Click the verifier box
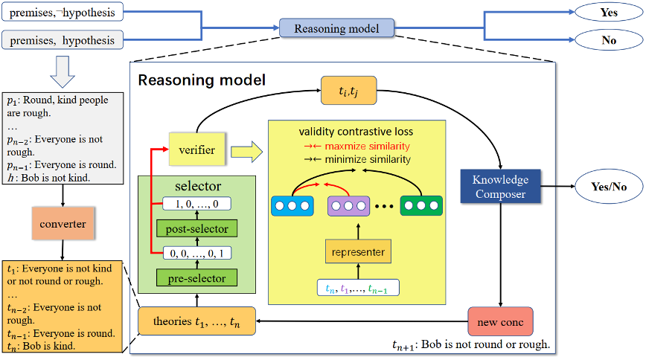click(197, 150)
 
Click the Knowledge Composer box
click(499, 187)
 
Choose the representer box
click(358, 252)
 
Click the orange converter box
click(63, 224)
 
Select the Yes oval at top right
click(608, 13)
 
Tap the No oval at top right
click(608, 40)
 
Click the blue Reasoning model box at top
click(336, 29)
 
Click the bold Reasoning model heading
click(201, 80)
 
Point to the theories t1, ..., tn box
click(196, 323)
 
